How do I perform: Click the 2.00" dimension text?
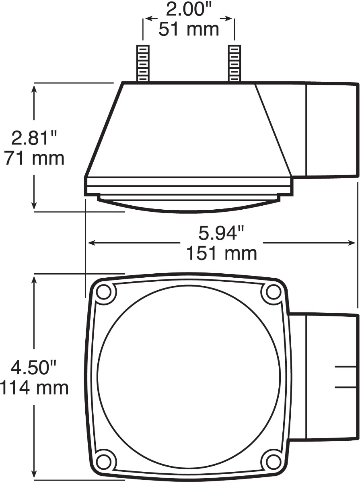click(x=189, y=10)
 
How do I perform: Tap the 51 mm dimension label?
click(x=189, y=29)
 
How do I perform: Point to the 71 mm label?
click(x=34, y=158)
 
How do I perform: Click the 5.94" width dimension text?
click(x=221, y=233)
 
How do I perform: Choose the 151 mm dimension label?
click(x=221, y=253)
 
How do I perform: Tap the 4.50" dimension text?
click(x=34, y=368)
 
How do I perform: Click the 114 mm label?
click(x=34, y=388)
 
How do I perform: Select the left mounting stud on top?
click(x=143, y=63)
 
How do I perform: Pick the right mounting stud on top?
click(x=234, y=63)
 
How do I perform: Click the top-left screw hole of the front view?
click(x=104, y=292)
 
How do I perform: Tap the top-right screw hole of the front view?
click(x=273, y=292)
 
